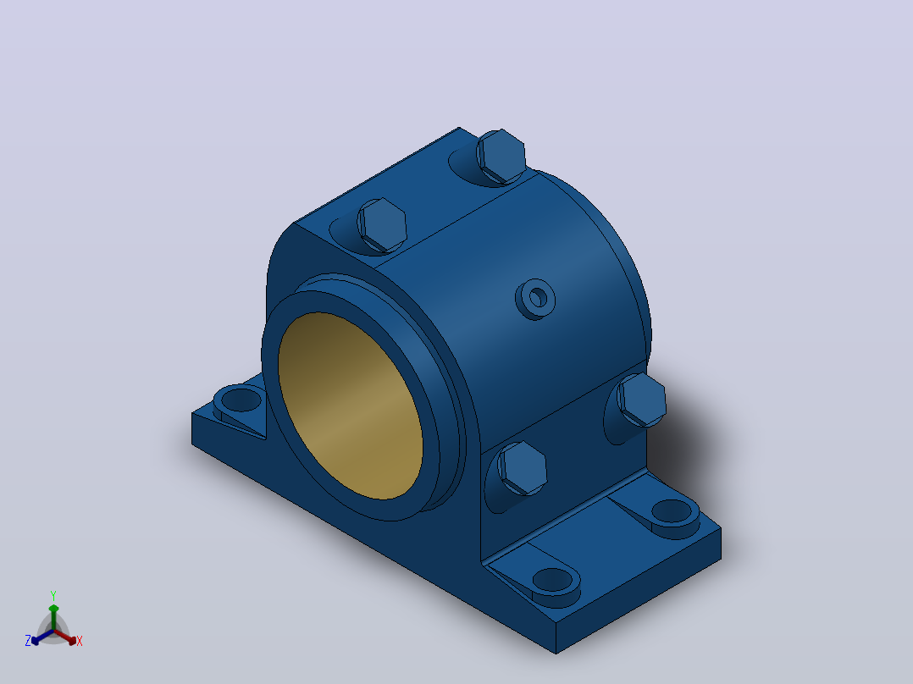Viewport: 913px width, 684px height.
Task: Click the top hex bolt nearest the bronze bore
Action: [381, 224]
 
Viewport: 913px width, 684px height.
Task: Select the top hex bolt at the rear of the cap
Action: [501, 156]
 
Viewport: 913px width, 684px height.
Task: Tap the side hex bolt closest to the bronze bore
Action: [523, 468]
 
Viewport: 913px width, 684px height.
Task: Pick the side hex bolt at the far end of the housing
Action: [641, 400]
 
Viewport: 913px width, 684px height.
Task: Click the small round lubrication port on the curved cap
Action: [535, 299]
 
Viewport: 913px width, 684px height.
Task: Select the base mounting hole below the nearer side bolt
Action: [552, 580]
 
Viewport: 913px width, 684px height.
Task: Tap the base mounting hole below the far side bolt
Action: [672, 510]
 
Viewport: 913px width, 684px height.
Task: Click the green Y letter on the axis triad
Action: [53, 596]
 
